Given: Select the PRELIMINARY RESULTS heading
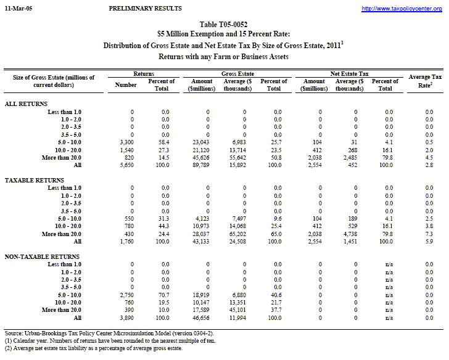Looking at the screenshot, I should pos(144,8).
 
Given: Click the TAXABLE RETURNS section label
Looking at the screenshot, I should pos(33,179).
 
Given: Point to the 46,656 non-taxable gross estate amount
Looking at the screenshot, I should pos(201,318).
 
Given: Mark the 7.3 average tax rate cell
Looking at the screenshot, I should pos(429,234).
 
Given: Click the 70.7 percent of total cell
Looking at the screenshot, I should pos(162,296).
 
